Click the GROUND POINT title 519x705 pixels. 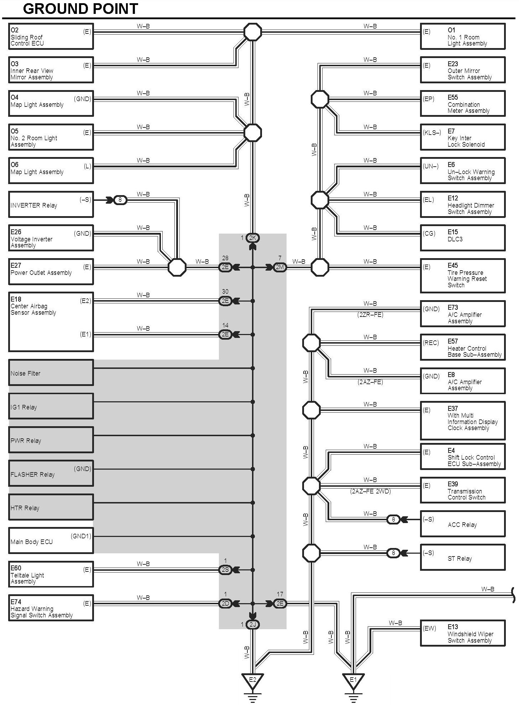click(80, 9)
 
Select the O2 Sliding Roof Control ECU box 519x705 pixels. click(51, 36)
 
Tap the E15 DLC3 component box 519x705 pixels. click(462, 237)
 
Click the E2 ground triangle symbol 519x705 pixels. click(252, 679)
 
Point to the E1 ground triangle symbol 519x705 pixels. click(353, 679)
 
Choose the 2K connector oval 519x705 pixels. click(253, 238)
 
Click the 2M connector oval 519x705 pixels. click(280, 267)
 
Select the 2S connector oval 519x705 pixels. click(225, 570)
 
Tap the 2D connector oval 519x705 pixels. click(225, 604)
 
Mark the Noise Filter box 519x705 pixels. click(51, 373)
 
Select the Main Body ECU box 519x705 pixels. click(51, 540)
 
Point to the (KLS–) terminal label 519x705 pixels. click(432, 133)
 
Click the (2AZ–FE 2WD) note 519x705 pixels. click(370, 491)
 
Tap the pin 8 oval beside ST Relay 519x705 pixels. click(393, 553)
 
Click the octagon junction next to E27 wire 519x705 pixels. click(177, 267)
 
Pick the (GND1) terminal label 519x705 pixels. click(81, 536)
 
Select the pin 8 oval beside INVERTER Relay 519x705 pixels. click(120, 200)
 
